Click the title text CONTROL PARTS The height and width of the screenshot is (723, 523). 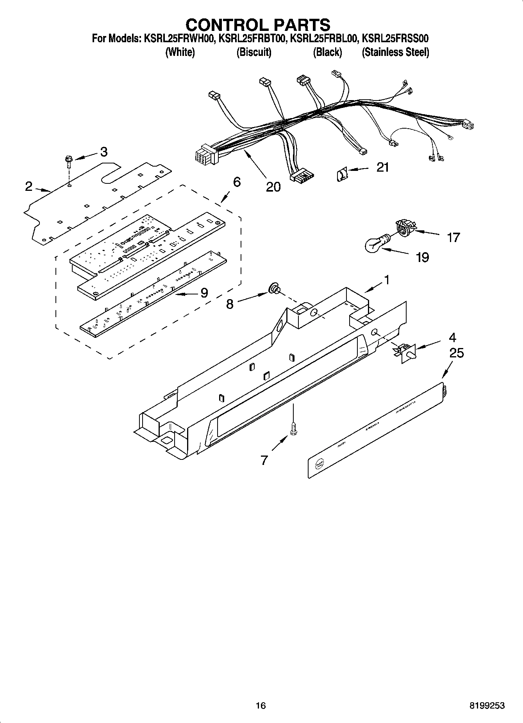(258, 25)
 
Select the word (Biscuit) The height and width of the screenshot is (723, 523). (254, 52)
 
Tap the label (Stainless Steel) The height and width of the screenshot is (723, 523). (395, 52)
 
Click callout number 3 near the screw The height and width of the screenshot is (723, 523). (104, 152)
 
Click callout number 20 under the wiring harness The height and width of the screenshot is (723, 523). (273, 187)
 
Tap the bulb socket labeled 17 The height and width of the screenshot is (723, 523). (404, 227)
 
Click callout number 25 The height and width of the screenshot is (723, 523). (456, 353)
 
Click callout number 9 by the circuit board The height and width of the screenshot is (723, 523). (204, 293)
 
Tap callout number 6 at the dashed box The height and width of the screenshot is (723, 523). (237, 182)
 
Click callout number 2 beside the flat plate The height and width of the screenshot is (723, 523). (29, 187)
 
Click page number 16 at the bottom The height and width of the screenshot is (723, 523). (261, 705)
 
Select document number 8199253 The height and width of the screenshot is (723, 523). (487, 705)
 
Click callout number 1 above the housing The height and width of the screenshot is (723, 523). (387, 280)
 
